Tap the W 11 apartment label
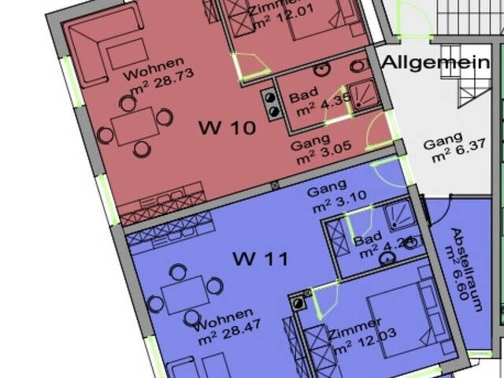[x=260, y=258]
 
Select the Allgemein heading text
[x=435, y=62]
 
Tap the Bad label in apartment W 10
[x=303, y=98]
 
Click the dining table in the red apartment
[x=135, y=126]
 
